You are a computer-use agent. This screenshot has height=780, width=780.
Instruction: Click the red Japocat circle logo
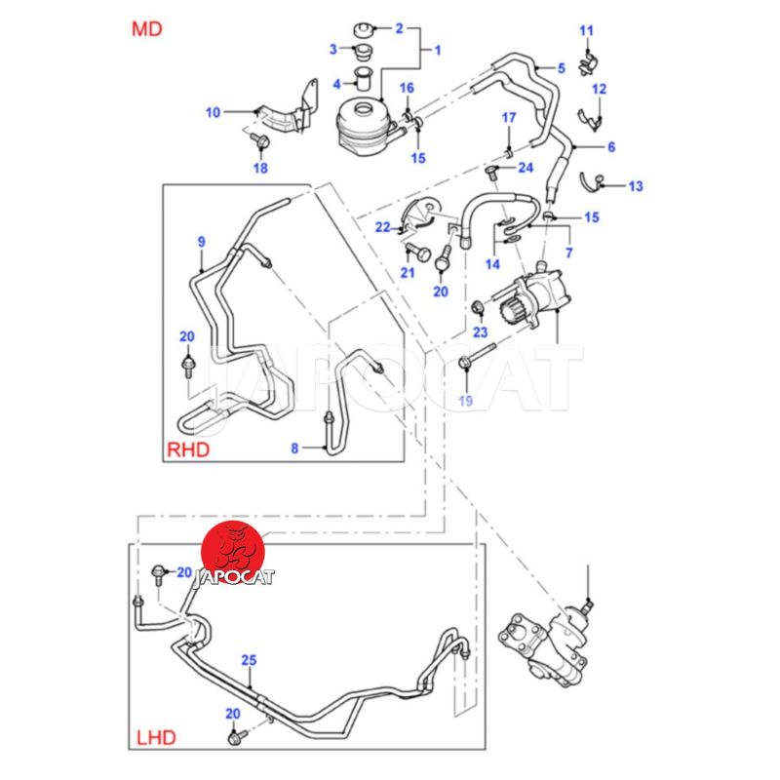click(235, 550)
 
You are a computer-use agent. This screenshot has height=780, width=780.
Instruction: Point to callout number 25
click(249, 660)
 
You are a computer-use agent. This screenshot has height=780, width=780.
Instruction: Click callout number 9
click(201, 241)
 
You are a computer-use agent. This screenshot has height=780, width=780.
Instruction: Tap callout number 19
click(464, 400)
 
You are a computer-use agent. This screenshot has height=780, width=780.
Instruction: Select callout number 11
click(586, 30)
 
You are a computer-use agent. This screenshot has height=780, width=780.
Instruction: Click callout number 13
click(635, 184)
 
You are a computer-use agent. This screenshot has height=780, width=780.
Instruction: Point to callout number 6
click(611, 147)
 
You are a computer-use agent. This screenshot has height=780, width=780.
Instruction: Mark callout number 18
click(260, 168)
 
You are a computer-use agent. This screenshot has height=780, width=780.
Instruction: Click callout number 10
click(213, 112)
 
